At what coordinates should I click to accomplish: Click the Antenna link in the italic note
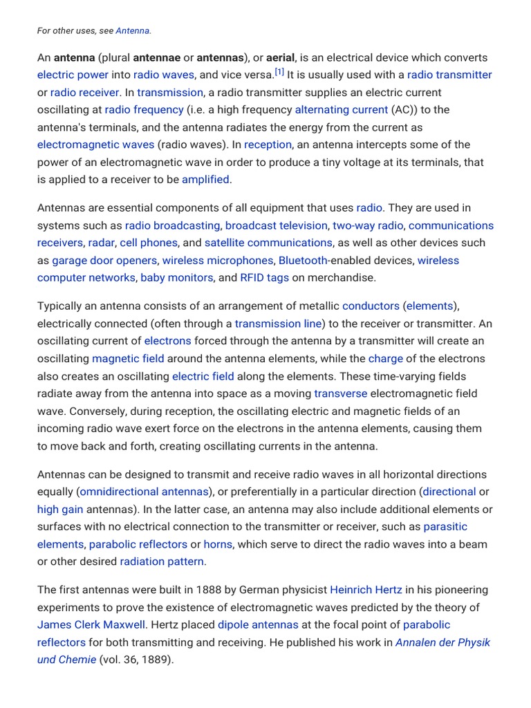click(133, 30)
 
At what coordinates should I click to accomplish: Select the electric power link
click(73, 75)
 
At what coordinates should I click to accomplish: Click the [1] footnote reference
click(279, 72)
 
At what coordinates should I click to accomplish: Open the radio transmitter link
click(449, 75)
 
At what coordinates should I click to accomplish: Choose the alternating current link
click(342, 109)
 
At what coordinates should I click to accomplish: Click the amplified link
click(205, 179)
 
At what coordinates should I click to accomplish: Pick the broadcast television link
click(276, 225)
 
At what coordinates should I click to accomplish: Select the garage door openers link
click(104, 261)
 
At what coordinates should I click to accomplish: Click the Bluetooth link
click(303, 261)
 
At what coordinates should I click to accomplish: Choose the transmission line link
click(278, 324)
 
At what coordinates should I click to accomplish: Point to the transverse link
click(340, 393)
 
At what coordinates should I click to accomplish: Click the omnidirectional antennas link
click(144, 492)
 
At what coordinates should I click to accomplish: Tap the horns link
click(218, 544)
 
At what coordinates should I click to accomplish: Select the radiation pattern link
click(162, 561)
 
